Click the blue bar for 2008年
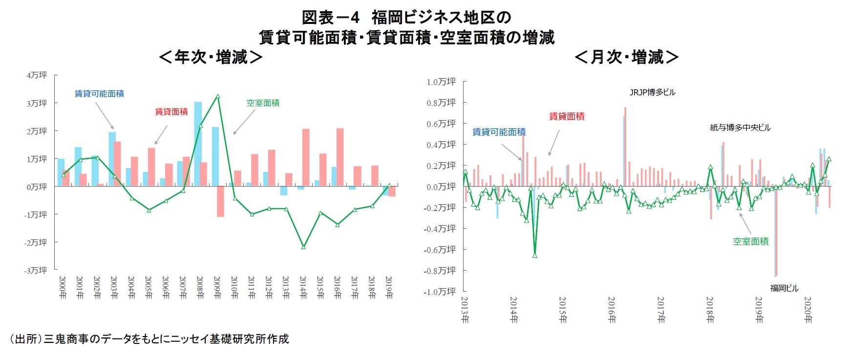pyautogui.click(x=198, y=144)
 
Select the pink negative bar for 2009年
pyautogui.click(x=220, y=201)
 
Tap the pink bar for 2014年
pyautogui.click(x=306, y=157)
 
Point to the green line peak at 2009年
pyautogui.click(x=218, y=97)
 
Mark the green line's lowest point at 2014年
pyautogui.click(x=303, y=247)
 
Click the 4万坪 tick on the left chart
pyautogui.click(x=37, y=75)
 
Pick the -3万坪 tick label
pyautogui.click(x=36, y=270)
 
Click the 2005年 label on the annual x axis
pyautogui.click(x=149, y=288)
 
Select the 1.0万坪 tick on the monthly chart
pyautogui.click(x=441, y=82)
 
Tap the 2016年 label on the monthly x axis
pyautogui.click(x=612, y=310)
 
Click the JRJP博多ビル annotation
pyautogui.click(x=652, y=92)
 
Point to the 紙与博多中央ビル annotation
pyautogui.click(x=740, y=127)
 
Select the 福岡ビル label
pyautogui.click(x=784, y=288)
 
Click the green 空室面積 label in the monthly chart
pyautogui.click(x=751, y=241)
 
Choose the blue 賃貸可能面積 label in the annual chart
pyautogui.click(x=99, y=93)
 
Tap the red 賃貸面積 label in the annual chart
pyautogui.click(x=171, y=112)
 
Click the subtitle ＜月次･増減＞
pyautogui.click(x=627, y=57)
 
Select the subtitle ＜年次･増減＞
pyautogui.click(x=211, y=57)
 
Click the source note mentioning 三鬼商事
pyautogui.click(x=149, y=339)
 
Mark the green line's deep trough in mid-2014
pyautogui.click(x=535, y=255)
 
